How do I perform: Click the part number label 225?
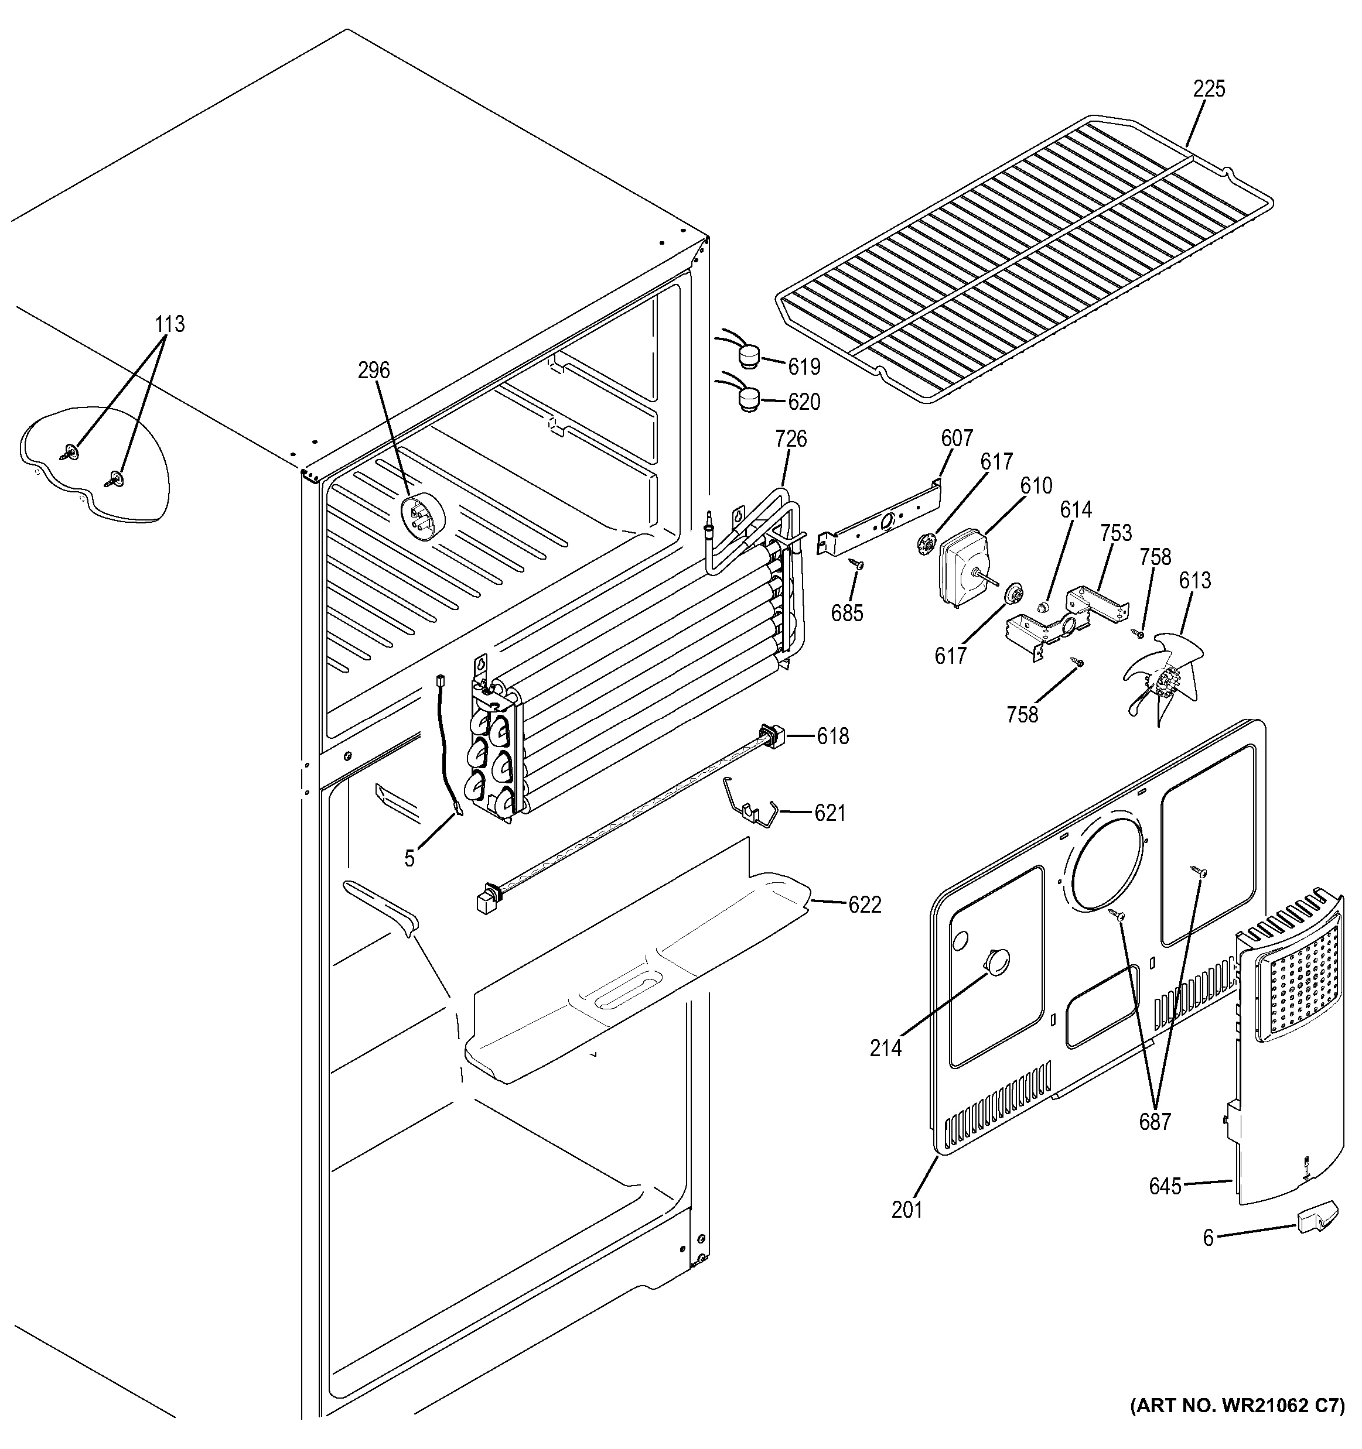tap(1209, 89)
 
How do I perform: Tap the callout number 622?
tap(865, 905)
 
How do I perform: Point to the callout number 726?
tap(790, 439)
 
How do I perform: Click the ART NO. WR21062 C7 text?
tap(1237, 1425)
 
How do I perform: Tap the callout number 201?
tap(907, 1210)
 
